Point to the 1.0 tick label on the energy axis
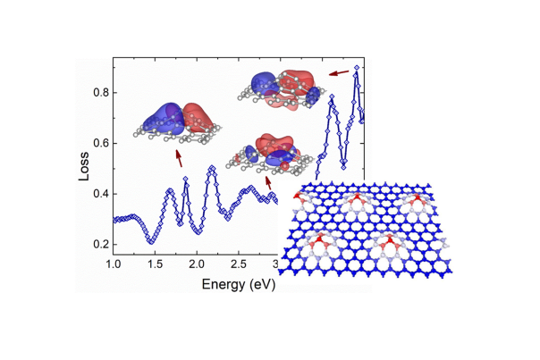114,265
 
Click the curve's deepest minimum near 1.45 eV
151,241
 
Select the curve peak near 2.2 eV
212,167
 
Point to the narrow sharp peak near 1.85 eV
185,180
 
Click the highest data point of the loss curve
357,67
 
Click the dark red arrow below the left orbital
179,158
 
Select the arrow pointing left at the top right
339,72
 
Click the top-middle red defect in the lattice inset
355,197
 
